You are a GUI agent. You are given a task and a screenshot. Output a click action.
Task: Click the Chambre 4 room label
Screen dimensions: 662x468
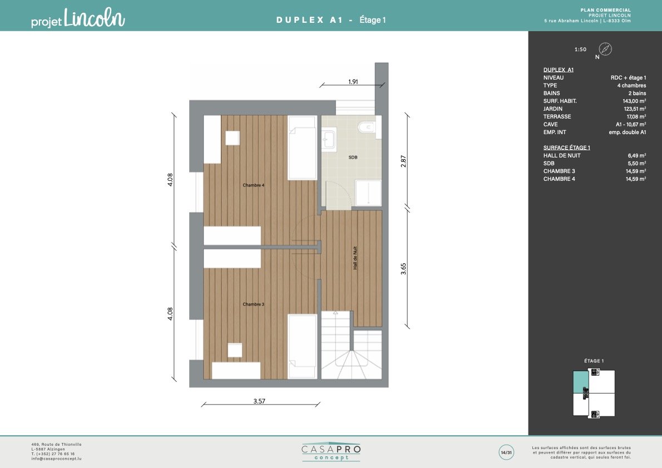[253, 185]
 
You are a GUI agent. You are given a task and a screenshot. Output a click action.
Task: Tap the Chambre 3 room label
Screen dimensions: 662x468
[253, 304]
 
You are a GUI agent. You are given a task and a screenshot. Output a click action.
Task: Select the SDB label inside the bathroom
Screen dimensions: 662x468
[353, 157]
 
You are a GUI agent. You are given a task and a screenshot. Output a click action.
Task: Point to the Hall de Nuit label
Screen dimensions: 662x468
[355, 258]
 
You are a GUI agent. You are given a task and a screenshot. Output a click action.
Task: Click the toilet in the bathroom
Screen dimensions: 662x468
[367, 127]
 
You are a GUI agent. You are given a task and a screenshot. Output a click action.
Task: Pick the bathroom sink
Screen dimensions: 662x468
[329, 140]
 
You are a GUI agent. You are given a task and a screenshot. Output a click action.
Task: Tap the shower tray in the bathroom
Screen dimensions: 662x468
[368, 193]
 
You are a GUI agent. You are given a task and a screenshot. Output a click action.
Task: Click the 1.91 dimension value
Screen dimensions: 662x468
[353, 81]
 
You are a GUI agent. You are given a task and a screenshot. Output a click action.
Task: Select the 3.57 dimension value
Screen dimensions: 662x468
[259, 401]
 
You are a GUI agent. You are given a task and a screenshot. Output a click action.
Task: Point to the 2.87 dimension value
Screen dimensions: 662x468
[403, 161]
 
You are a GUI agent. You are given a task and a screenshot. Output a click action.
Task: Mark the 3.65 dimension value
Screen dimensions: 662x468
[403, 269]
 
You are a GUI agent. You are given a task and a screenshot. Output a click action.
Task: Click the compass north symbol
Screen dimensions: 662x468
[605, 49]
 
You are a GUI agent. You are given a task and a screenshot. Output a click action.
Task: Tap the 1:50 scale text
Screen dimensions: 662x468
[581, 50]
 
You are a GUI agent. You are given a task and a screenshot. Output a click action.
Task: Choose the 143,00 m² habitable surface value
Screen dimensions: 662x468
[634, 101]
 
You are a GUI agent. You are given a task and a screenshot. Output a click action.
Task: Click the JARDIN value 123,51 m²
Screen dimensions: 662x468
[635, 109]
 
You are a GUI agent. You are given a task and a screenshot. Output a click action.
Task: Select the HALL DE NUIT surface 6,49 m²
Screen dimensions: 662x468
[636, 155]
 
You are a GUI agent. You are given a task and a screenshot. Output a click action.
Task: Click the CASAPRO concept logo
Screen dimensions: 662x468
[331, 452]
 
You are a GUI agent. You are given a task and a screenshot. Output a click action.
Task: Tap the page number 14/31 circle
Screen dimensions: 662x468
[506, 452]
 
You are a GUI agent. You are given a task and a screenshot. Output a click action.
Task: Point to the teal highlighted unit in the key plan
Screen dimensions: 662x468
[581, 382]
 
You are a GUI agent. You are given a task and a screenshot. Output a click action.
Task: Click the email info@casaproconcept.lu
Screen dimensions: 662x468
[56, 459]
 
